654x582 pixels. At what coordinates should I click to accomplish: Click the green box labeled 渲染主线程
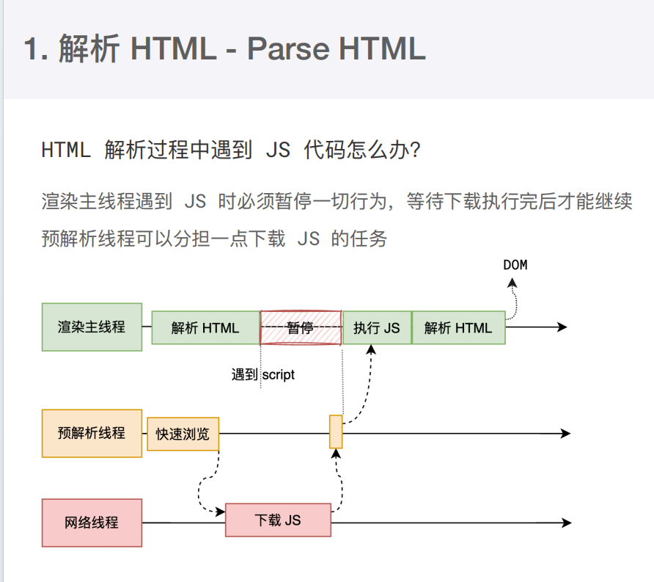[92, 327]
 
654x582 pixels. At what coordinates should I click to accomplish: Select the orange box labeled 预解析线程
[92, 433]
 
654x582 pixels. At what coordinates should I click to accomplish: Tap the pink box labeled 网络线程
[92, 523]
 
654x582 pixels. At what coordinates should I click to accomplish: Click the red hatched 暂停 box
[301, 328]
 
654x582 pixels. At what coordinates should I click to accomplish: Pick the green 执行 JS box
[377, 328]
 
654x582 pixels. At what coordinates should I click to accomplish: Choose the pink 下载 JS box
[278, 520]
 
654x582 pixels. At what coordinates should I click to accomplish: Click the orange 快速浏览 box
[183, 434]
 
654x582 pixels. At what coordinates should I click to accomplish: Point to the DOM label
[515, 265]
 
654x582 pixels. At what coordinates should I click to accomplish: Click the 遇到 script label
[263, 374]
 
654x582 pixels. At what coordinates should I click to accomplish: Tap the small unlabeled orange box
[336, 432]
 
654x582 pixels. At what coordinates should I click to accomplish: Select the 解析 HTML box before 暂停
[205, 328]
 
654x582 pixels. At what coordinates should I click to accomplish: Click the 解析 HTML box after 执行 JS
[459, 328]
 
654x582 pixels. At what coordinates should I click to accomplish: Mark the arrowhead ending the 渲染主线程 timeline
[562, 327]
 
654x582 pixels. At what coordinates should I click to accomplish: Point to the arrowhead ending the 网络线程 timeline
[567, 523]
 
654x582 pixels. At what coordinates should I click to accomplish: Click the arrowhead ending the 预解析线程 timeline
[565, 433]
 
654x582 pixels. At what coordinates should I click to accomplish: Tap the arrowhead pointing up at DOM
[512, 283]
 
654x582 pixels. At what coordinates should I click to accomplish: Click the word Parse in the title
[289, 49]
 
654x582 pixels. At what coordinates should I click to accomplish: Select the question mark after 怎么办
[415, 150]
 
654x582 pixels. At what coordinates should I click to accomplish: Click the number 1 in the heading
[31, 49]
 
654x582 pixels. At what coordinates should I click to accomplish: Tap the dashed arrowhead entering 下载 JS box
[220, 512]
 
